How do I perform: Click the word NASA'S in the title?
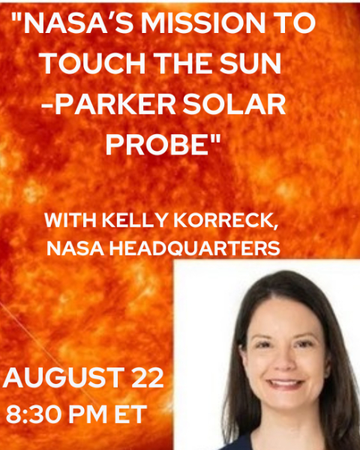75,23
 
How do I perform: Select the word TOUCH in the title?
92,64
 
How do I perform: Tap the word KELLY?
134,220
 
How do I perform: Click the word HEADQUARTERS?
195,248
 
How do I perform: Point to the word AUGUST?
64,378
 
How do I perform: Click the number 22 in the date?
148,377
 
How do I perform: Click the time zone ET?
130,414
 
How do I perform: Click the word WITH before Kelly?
70,220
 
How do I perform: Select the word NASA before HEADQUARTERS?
75,248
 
